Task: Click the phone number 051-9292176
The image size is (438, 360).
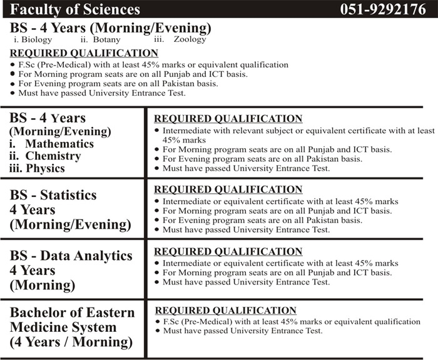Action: [382, 9]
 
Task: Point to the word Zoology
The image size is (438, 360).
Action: [189, 39]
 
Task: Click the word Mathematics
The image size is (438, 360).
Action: [59, 144]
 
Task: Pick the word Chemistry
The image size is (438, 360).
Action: [53, 156]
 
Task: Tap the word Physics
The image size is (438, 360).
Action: [45, 168]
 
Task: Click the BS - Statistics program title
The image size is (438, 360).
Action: [53, 194]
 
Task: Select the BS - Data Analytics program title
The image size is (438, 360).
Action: [71, 256]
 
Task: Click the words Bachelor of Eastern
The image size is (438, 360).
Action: [72, 312]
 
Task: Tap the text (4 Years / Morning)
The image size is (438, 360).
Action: [71, 342]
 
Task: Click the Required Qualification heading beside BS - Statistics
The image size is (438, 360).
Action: [228, 189]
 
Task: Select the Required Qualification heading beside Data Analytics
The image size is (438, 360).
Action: [228, 251]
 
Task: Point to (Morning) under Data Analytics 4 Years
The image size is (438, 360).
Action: [42, 286]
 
